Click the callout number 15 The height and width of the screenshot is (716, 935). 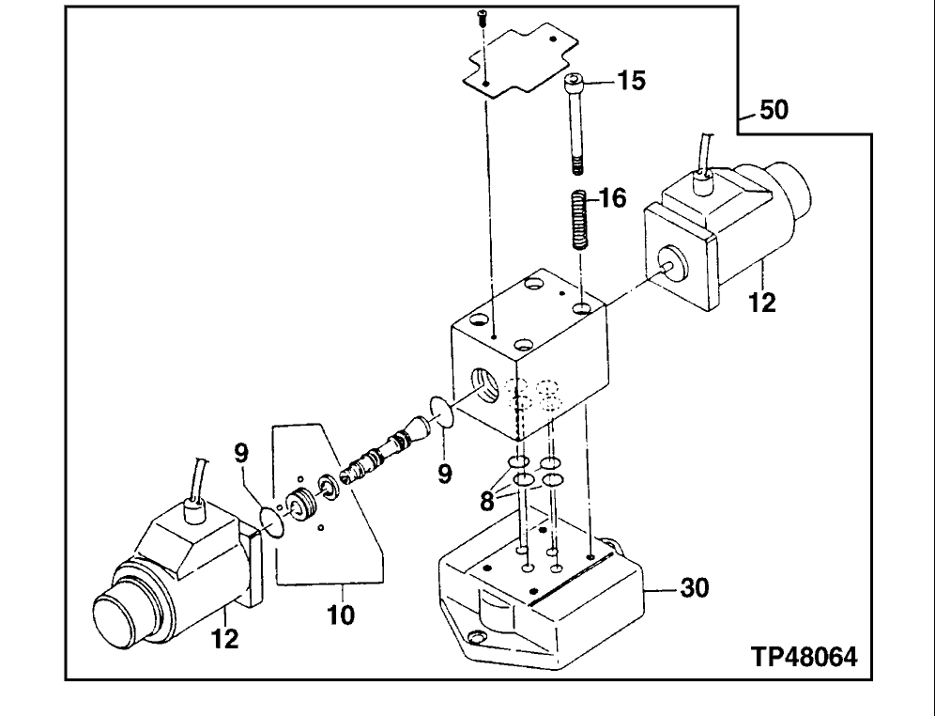click(x=632, y=81)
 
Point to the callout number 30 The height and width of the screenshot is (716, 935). click(x=694, y=588)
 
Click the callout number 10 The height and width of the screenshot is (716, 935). click(x=342, y=615)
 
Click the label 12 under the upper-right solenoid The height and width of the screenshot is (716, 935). click(x=762, y=304)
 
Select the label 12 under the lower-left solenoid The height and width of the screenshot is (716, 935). click(x=224, y=640)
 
